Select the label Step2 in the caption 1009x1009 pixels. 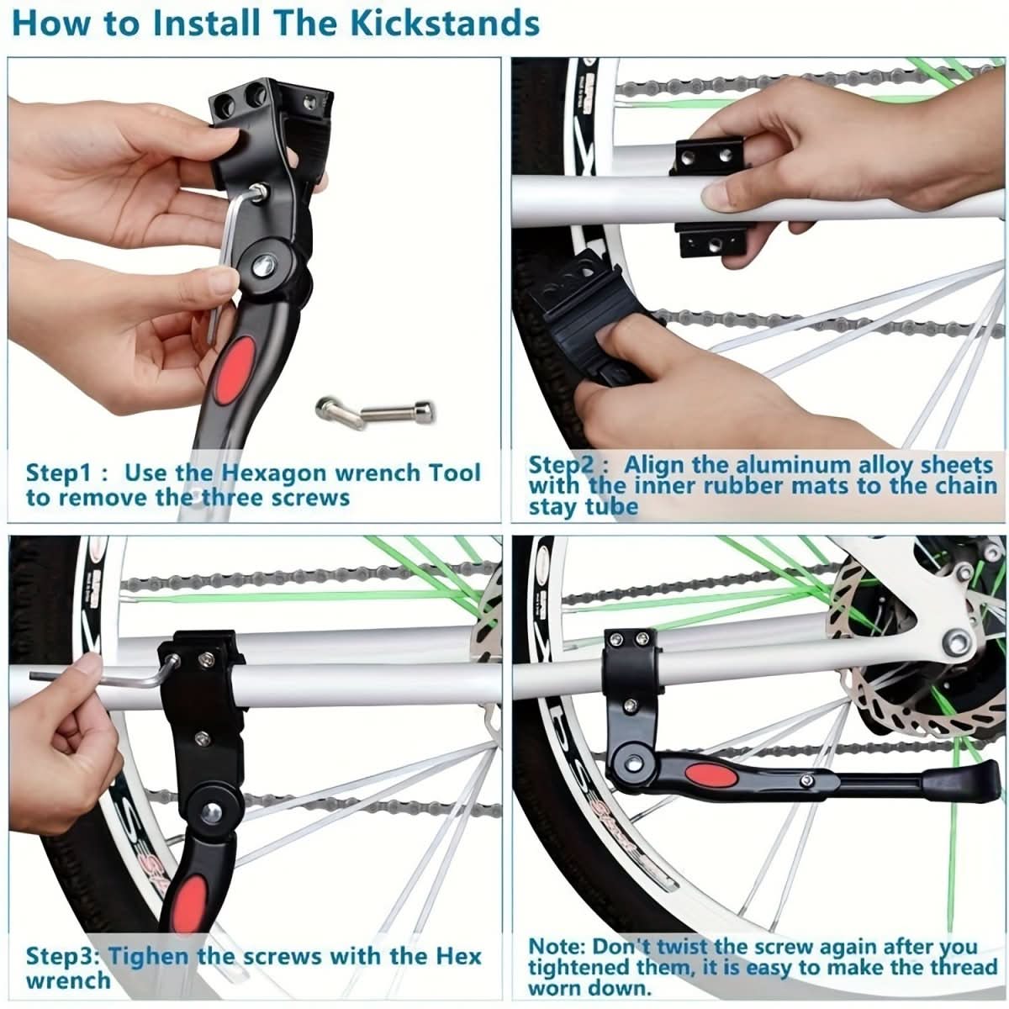(561, 464)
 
